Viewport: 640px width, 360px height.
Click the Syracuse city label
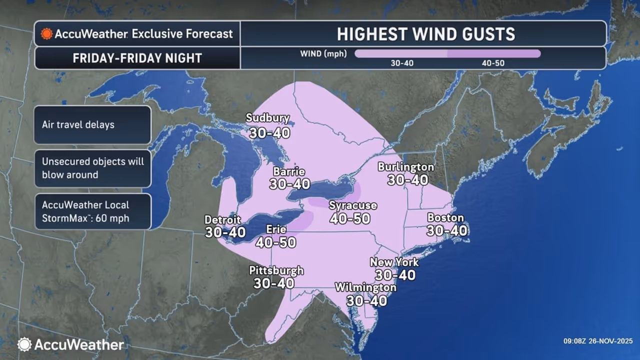click(x=352, y=205)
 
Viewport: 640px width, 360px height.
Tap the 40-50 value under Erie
click(x=275, y=242)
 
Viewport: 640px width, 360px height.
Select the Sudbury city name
click(x=267, y=118)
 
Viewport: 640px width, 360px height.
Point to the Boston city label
click(x=445, y=218)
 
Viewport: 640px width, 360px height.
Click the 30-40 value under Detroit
click(x=225, y=232)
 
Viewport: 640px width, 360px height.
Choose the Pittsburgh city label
click(x=276, y=270)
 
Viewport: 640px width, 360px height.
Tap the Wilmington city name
click(x=365, y=287)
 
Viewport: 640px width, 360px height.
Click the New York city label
click(x=394, y=262)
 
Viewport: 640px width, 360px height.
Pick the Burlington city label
click(x=405, y=166)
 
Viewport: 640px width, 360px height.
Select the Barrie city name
click(x=288, y=171)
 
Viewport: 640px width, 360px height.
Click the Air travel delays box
click(x=92, y=124)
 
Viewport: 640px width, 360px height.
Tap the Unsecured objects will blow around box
click(x=92, y=168)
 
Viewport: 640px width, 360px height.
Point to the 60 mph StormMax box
click(x=92, y=211)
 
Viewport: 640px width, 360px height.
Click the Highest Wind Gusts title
click(x=425, y=33)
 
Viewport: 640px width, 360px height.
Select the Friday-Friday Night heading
click(x=137, y=58)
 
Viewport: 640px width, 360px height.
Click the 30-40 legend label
click(x=402, y=63)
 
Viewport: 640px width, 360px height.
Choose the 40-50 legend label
click(x=493, y=63)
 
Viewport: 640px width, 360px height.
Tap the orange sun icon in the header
click(x=46, y=34)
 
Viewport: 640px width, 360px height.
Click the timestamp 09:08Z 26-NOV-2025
click(x=597, y=341)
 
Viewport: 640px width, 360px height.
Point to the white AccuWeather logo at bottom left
click(x=70, y=344)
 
